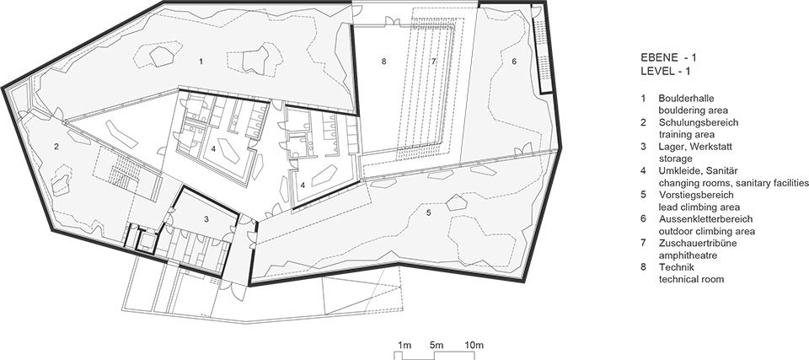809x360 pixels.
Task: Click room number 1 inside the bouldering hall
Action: click(x=201, y=62)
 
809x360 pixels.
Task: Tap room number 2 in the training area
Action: click(x=56, y=147)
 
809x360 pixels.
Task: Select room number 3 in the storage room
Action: click(x=206, y=219)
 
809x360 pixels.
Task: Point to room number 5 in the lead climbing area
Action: click(x=428, y=212)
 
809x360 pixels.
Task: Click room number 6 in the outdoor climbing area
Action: click(x=514, y=62)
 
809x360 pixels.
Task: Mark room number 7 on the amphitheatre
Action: click(x=433, y=62)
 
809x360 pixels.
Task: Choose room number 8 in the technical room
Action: click(x=383, y=62)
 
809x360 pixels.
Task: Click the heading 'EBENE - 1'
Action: click(x=666, y=57)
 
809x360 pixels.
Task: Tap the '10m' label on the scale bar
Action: click(x=474, y=345)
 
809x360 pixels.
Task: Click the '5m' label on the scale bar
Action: click(x=436, y=345)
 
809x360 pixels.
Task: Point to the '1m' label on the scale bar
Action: click(x=404, y=345)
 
